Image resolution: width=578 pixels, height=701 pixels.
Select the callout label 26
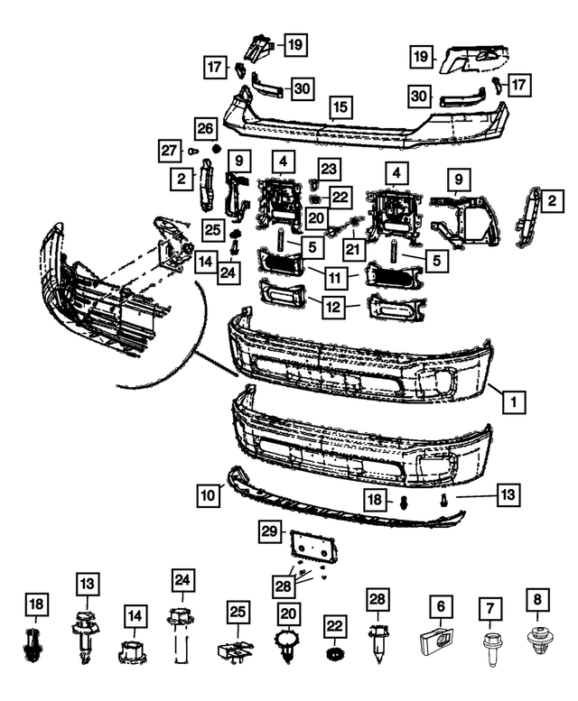(x=205, y=127)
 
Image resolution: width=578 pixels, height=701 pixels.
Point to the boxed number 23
(x=328, y=168)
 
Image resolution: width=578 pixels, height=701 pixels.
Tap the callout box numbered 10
(x=208, y=493)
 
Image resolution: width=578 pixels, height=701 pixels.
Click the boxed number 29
(x=270, y=532)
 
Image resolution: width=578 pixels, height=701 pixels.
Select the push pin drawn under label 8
(x=538, y=643)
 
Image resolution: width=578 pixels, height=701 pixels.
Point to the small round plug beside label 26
(x=216, y=147)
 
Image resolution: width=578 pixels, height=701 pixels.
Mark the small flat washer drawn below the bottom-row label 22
(x=334, y=653)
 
